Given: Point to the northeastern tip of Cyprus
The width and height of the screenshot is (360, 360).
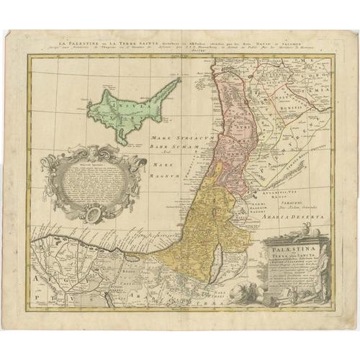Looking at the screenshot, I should point(179,80).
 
